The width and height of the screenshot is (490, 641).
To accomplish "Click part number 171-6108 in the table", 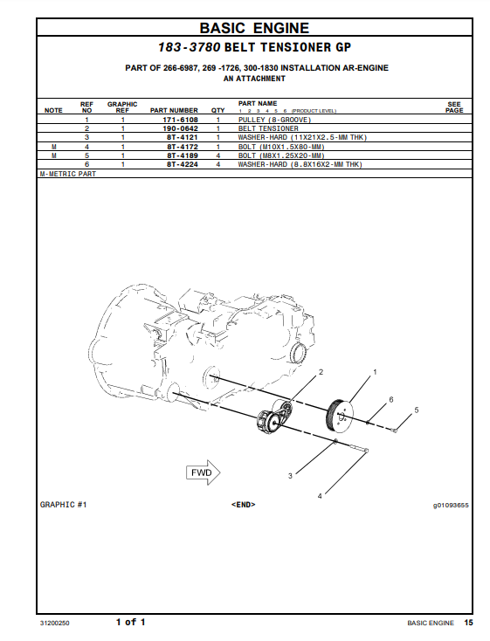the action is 181,120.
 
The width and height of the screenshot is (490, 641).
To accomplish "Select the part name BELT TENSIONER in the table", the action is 268,128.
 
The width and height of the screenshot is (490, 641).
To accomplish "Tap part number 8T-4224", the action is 183,164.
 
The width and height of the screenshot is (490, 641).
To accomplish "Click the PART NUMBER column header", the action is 174,110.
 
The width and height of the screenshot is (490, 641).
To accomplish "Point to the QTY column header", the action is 218,110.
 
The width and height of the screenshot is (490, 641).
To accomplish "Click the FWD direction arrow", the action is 204,472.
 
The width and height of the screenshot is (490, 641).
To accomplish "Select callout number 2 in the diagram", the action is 321,372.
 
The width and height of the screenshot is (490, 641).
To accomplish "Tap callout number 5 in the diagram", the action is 417,410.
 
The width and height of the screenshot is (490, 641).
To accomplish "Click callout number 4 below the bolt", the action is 320,496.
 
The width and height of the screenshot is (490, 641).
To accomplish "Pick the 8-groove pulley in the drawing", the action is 340,415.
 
